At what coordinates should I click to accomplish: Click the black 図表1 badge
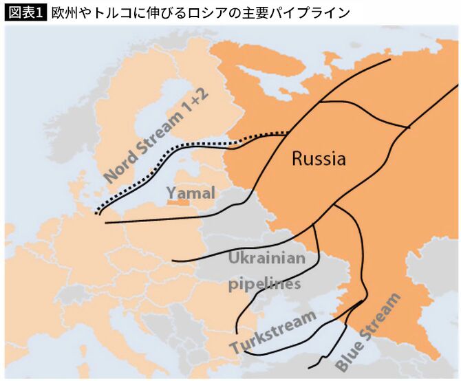(x=25, y=13)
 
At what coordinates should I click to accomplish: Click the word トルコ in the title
(x=117, y=13)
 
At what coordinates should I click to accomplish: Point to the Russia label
(x=319, y=159)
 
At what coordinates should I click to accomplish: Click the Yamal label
(x=191, y=193)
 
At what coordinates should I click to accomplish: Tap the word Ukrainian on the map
(x=266, y=259)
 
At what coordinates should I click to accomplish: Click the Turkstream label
(x=273, y=332)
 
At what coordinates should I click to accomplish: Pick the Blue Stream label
(x=367, y=333)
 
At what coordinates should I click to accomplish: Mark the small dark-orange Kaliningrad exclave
(x=178, y=202)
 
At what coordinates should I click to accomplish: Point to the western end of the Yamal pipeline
(x=107, y=224)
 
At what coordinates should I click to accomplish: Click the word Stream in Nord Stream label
(x=160, y=131)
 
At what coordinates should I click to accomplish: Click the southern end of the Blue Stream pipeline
(x=311, y=368)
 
